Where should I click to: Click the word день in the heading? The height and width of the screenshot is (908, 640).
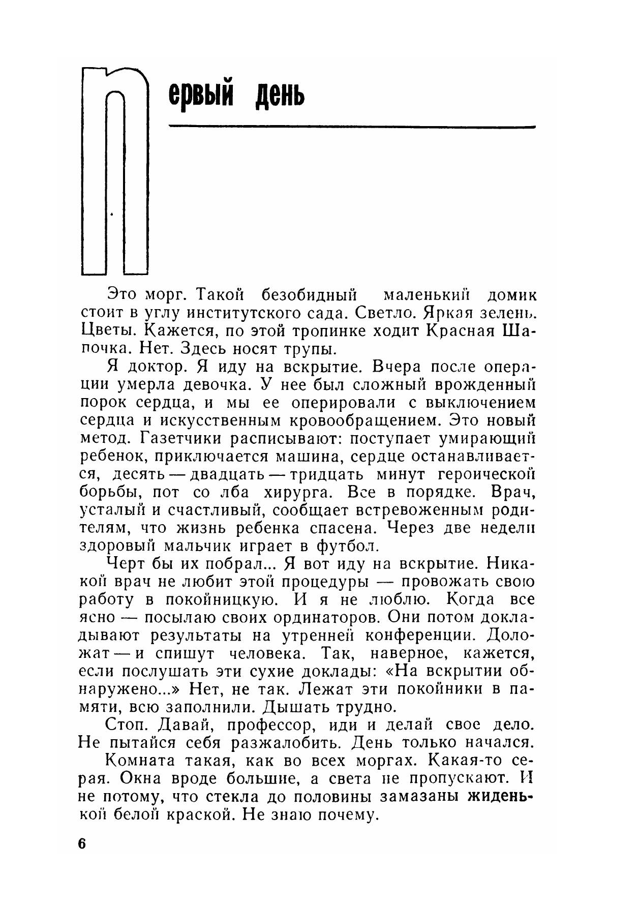pyautogui.click(x=280, y=95)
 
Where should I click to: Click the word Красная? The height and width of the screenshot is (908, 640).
pyautogui.click(x=461, y=330)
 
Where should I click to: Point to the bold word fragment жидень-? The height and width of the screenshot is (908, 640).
pyautogui.click(x=501, y=797)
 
